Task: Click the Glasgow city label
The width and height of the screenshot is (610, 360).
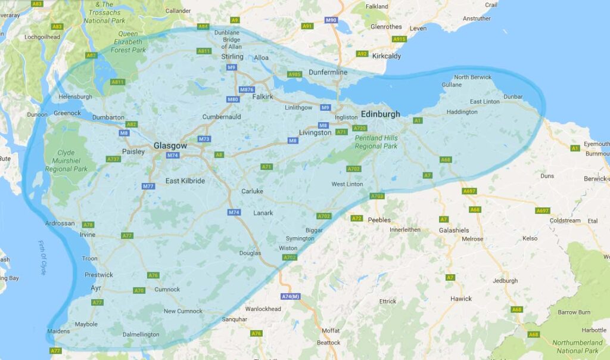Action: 170,145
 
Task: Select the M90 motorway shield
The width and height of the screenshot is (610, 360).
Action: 331,20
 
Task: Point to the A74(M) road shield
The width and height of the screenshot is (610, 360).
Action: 291,296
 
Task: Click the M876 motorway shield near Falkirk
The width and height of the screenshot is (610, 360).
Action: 247,89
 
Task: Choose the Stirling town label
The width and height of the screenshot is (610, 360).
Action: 232,57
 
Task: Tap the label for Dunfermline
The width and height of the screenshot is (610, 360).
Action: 328,72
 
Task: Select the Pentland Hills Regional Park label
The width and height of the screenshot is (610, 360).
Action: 376,142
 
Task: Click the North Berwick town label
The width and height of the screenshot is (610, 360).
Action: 473,77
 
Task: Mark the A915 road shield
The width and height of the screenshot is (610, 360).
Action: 399,39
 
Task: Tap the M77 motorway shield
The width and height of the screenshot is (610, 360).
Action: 148,187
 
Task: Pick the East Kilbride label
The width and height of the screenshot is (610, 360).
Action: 185,181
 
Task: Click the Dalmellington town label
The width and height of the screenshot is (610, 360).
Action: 141,334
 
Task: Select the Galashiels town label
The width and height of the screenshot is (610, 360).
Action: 455,230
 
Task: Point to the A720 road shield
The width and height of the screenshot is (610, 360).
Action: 360,128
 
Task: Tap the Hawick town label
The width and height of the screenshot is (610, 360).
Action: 460,299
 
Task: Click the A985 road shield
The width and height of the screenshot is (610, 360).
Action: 294,75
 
